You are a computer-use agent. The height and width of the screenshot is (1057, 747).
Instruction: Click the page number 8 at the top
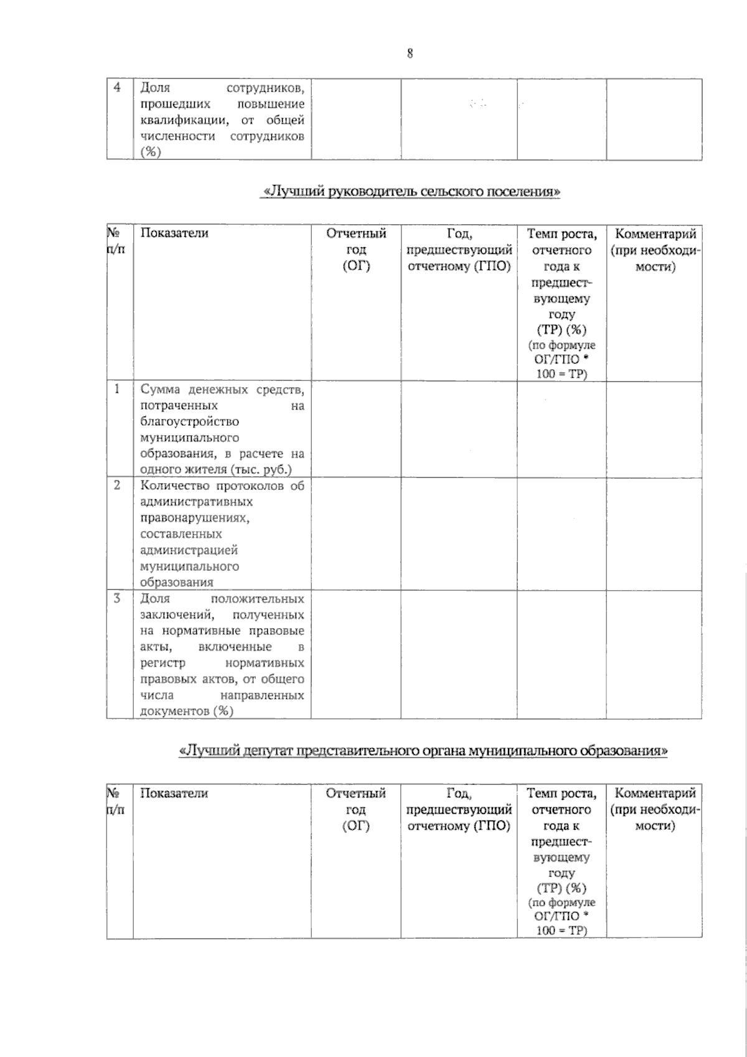click(x=410, y=54)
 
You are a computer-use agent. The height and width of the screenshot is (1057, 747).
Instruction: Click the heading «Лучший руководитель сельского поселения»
click(x=410, y=192)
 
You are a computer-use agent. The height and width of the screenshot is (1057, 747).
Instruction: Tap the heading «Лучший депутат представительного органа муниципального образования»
click(x=423, y=751)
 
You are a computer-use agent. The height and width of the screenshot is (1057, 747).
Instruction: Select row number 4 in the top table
click(x=117, y=88)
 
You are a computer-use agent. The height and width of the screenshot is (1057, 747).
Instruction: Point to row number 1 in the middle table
click(x=117, y=390)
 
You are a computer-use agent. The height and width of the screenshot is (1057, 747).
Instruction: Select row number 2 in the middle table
click(x=117, y=485)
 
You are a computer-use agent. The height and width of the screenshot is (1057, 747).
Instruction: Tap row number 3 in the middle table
click(x=117, y=598)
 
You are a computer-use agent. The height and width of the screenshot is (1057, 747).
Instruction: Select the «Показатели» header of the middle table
click(x=174, y=233)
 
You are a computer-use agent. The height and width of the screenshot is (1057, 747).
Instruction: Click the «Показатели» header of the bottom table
click(x=174, y=793)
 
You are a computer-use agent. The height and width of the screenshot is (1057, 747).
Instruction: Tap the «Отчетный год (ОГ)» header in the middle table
click(x=356, y=250)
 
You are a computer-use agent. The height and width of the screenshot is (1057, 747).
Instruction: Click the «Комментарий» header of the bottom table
click(x=655, y=793)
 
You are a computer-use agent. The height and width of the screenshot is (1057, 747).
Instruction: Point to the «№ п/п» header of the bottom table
click(x=116, y=801)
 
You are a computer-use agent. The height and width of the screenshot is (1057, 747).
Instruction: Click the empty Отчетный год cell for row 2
click(x=356, y=533)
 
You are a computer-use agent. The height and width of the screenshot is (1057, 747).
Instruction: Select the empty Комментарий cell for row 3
click(x=654, y=654)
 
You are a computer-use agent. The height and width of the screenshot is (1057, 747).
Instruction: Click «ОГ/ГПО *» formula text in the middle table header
click(x=561, y=360)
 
